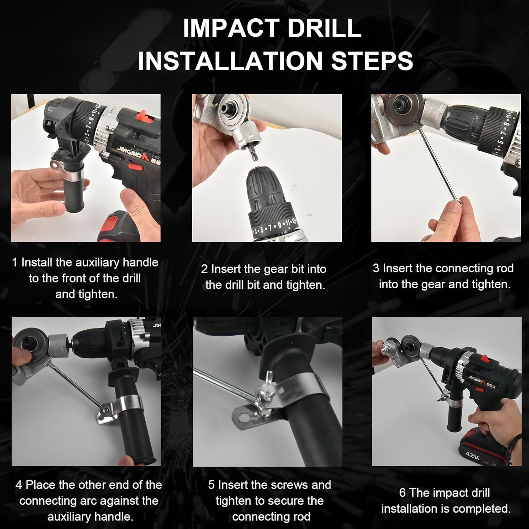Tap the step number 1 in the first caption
(14, 262)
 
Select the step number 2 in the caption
(204, 269)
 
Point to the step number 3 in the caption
(376, 268)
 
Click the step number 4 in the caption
(18, 485)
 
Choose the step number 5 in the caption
(211, 485)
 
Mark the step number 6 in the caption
(402, 493)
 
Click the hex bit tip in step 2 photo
(255, 157)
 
